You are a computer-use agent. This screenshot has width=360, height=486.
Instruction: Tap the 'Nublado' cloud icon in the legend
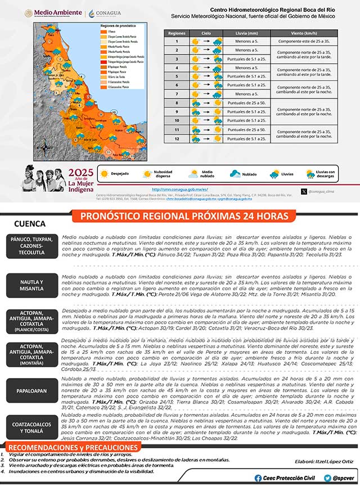click(x=234, y=174)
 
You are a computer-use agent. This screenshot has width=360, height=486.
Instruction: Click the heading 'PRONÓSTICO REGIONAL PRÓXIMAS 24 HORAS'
click(x=184, y=216)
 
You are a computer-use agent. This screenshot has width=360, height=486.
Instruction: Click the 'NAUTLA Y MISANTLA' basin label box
click(x=31, y=285)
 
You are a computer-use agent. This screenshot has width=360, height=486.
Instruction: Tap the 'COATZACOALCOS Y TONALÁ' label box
click(x=31, y=427)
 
